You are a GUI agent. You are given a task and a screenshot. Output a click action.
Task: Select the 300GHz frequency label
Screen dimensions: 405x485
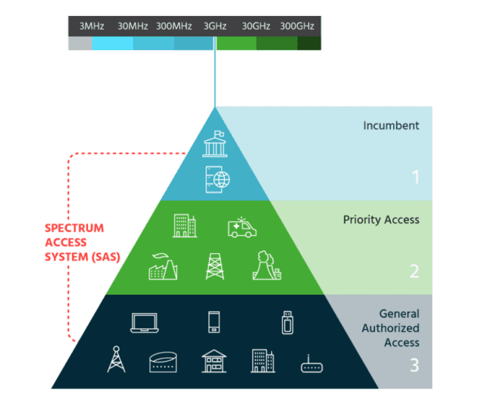[297, 26]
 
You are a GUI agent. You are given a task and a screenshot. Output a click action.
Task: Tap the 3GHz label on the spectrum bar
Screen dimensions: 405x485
[215, 26]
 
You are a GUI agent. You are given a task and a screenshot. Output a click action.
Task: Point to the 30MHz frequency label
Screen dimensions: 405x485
[132, 26]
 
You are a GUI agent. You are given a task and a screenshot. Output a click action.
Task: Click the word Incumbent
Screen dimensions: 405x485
[391, 126]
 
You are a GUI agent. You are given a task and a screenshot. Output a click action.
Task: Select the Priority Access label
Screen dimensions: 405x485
[381, 220]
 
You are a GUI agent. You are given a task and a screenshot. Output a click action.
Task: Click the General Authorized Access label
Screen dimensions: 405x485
[399, 328]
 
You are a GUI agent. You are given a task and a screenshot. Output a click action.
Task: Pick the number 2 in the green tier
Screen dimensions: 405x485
[415, 270]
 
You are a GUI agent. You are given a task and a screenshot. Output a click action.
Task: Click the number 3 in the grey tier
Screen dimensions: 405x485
[415, 365]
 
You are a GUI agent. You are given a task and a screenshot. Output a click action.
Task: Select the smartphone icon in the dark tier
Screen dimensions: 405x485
[215, 321]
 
